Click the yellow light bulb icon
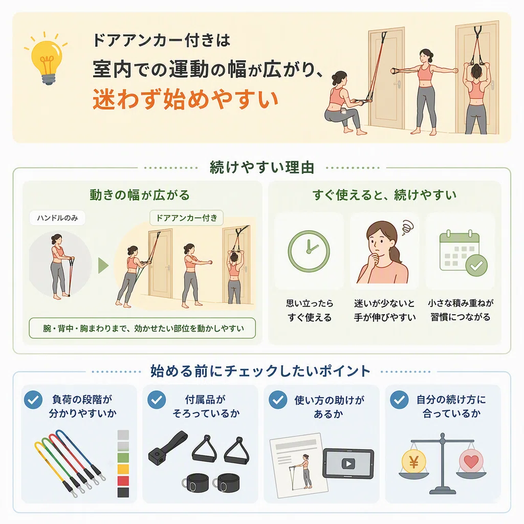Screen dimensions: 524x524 point(47,60)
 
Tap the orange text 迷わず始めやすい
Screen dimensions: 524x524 point(185,99)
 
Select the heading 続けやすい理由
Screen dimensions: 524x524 point(262,167)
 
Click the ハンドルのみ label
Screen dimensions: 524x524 point(57,218)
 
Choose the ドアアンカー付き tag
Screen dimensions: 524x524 point(186,218)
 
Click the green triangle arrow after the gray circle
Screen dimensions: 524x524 point(103,266)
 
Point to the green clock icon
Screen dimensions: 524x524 point(309,251)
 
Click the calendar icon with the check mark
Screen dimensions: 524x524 point(463,253)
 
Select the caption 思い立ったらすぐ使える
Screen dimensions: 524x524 point(310,310)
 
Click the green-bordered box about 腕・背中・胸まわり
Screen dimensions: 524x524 point(142,328)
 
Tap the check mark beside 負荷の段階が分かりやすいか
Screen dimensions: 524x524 point(33,400)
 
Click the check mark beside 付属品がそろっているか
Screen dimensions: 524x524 point(157,400)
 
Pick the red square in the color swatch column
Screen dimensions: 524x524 point(123,481)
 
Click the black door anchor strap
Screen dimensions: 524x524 point(167,447)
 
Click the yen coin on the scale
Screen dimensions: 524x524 point(413,462)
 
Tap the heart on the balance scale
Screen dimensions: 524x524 point(471,462)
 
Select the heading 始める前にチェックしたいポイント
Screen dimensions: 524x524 point(260,372)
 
